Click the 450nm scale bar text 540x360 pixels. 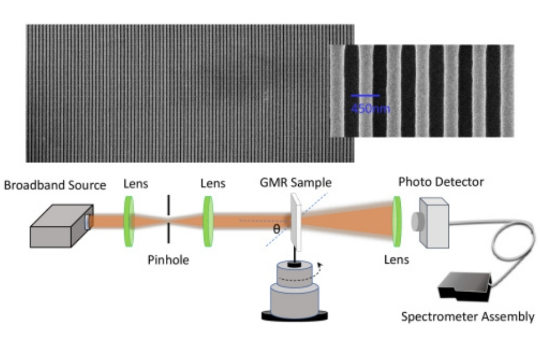click(x=370, y=107)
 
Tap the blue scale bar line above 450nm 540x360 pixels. click(x=365, y=96)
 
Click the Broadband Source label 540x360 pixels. click(x=55, y=185)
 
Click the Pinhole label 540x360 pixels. click(x=168, y=260)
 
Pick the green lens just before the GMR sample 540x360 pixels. click(x=208, y=218)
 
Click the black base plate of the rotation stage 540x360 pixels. click(x=294, y=315)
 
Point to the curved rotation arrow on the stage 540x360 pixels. click(x=321, y=268)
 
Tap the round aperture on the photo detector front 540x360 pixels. click(x=416, y=219)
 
